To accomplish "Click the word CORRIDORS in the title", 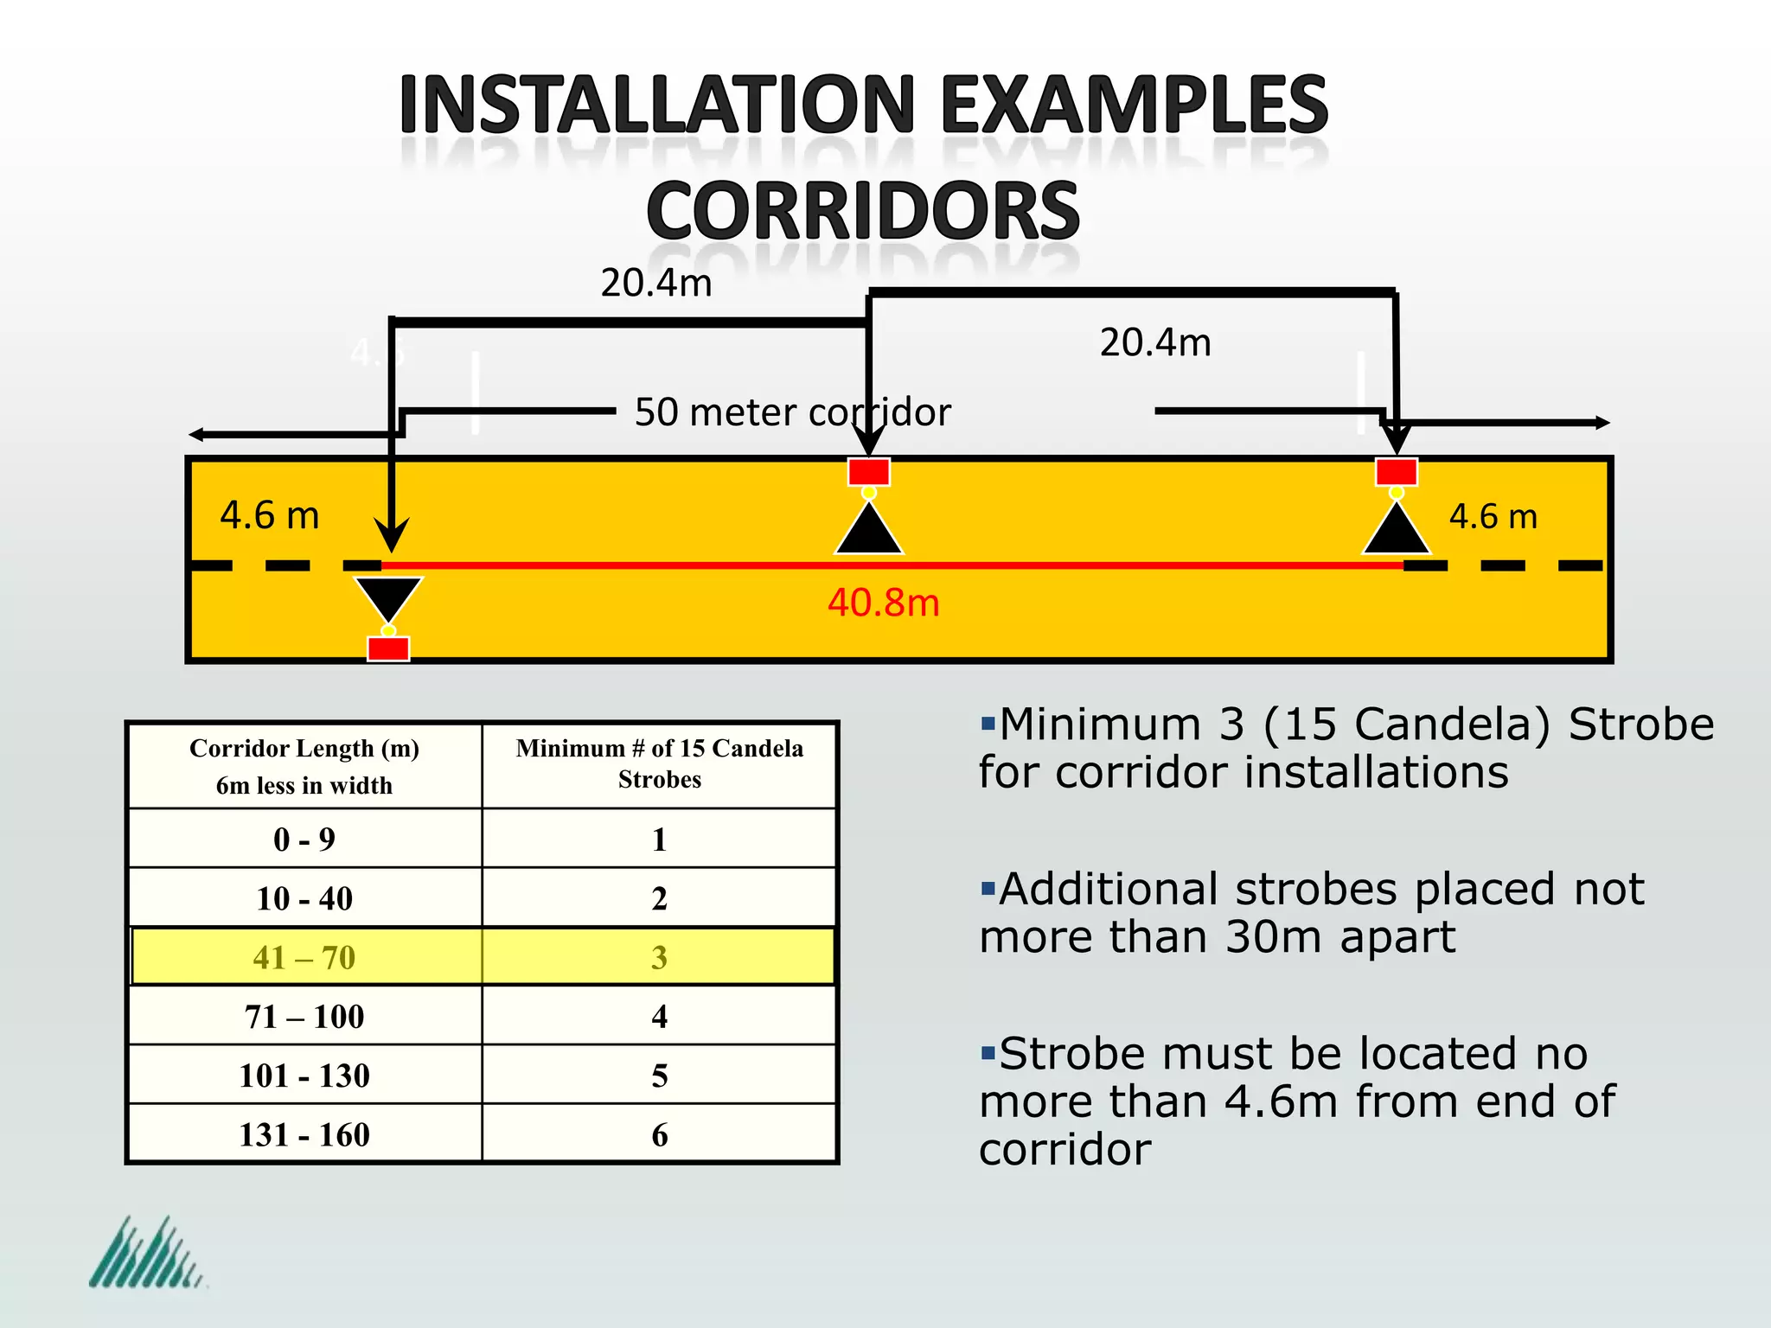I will coord(863,211).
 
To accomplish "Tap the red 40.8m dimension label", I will coord(883,603).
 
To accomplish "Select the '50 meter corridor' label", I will coord(792,412).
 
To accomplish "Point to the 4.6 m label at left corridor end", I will coord(269,515).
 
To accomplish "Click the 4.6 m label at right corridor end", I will coord(1493,517).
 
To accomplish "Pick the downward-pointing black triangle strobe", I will coord(388,597).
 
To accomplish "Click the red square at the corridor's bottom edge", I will coord(388,648).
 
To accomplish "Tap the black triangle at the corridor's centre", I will coord(869,530).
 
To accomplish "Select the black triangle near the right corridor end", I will coord(1396,530).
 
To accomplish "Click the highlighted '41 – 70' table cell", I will coord(304,957).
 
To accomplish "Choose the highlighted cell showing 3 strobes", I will coord(659,957).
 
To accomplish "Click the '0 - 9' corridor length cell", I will coord(304,840).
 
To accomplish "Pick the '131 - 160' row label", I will coord(304,1134).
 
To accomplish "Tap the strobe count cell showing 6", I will coord(659,1134).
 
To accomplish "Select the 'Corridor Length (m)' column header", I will coord(304,749).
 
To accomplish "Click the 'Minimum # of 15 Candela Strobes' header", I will coord(659,763).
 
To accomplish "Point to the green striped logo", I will coord(147,1254).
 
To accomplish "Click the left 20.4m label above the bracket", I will coord(656,284).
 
